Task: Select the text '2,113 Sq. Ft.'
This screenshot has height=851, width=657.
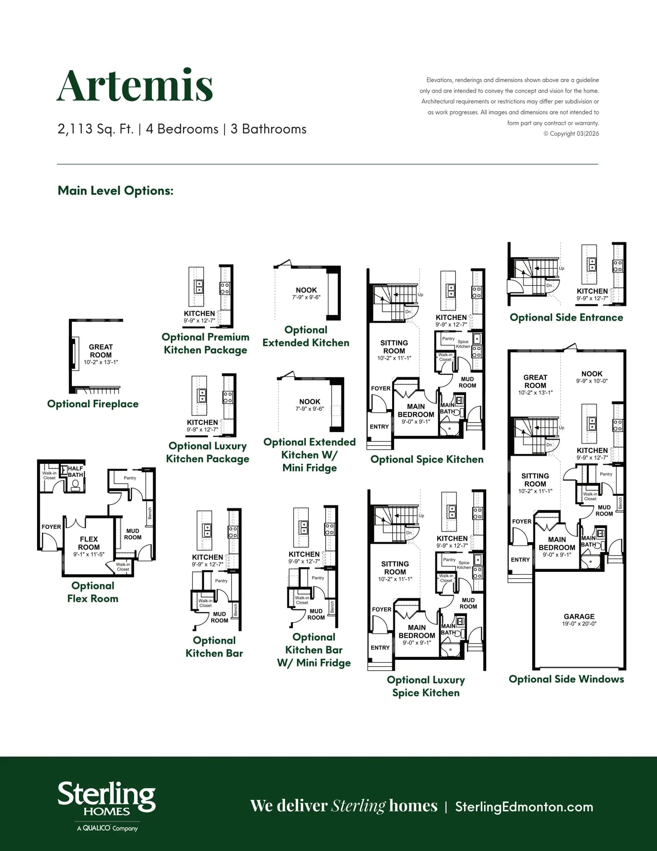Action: point(96,129)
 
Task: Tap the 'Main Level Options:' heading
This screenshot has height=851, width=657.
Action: point(115,190)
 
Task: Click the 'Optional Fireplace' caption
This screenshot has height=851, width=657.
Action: point(93,404)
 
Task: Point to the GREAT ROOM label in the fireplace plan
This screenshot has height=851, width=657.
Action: point(101,351)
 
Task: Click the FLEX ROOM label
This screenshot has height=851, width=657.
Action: point(89,543)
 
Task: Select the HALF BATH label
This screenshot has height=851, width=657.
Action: point(76,472)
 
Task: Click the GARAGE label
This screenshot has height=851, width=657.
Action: point(579,616)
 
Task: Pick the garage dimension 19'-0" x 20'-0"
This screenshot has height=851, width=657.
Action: point(579,624)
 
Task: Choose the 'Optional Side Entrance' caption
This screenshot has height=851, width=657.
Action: point(566,317)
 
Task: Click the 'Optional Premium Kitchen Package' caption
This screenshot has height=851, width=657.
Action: point(205,343)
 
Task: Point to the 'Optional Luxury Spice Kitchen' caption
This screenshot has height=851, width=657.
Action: point(426,686)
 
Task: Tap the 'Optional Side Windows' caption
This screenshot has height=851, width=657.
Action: point(566,679)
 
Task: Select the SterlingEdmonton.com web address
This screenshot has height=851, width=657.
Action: point(524,807)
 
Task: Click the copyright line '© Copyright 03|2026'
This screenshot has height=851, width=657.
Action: point(571,134)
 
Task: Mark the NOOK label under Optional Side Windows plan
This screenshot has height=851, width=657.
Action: point(592,374)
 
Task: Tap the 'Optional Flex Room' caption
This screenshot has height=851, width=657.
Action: point(93,592)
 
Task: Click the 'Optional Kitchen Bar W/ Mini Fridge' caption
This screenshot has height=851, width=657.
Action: point(314,650)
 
